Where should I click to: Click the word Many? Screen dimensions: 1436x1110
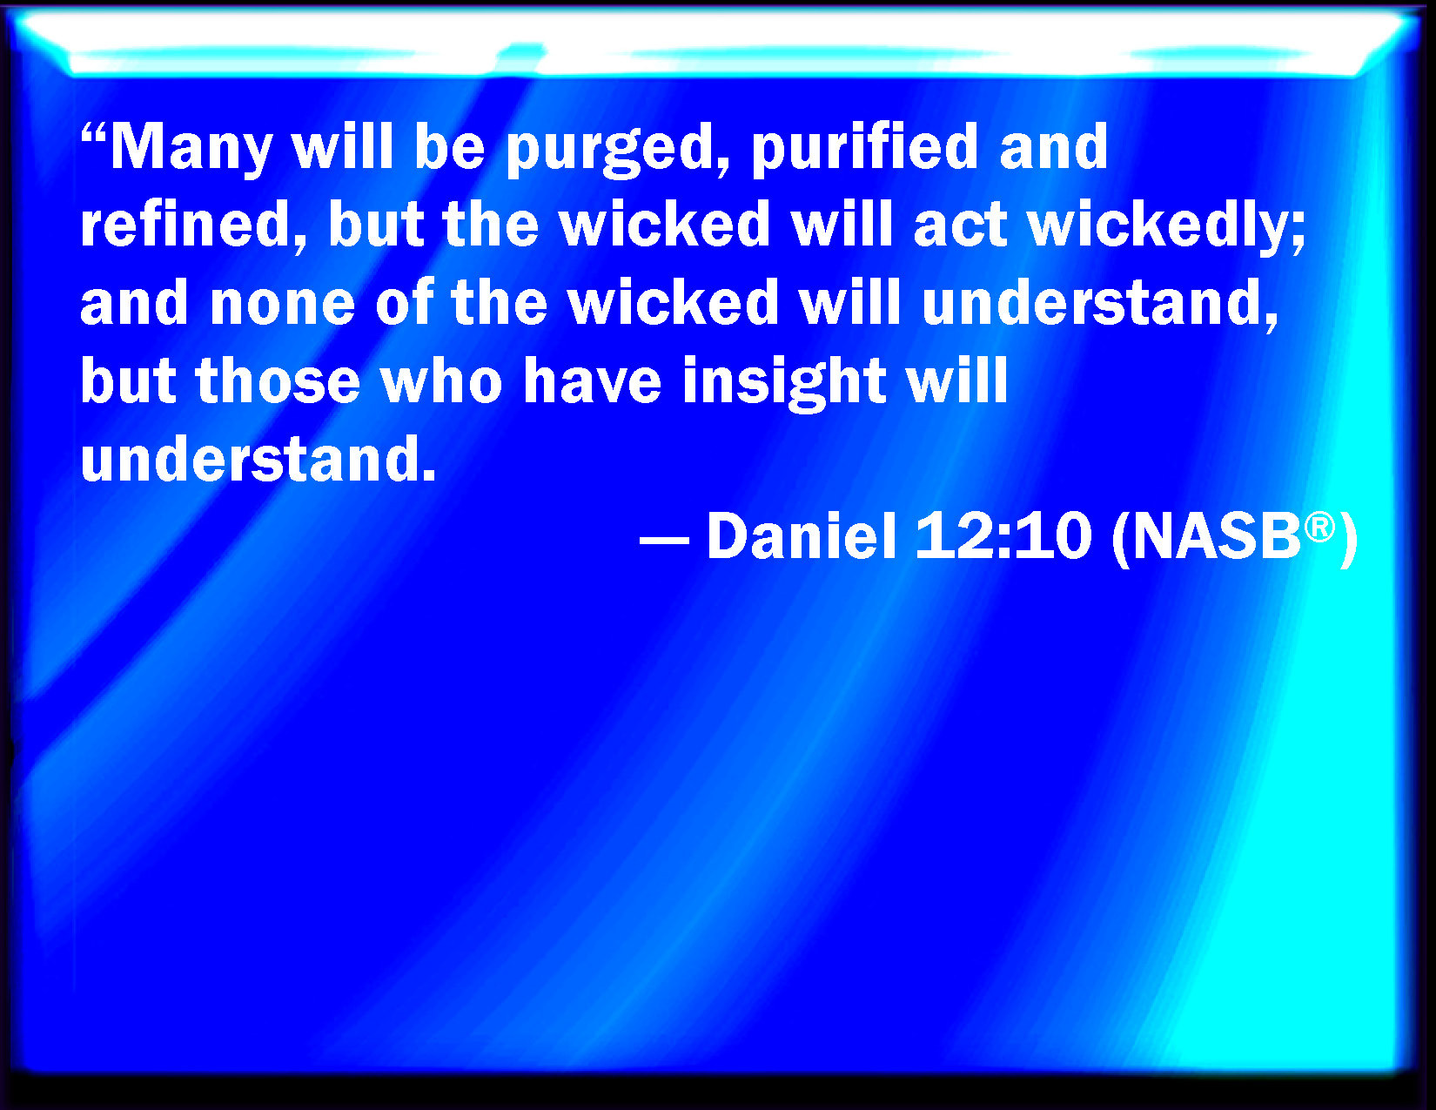191,150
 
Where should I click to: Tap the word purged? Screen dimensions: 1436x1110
619,150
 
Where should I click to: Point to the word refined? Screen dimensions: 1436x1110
194,225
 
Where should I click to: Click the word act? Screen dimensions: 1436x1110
961,225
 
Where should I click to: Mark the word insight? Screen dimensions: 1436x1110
784,383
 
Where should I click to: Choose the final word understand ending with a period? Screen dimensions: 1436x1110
258,458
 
